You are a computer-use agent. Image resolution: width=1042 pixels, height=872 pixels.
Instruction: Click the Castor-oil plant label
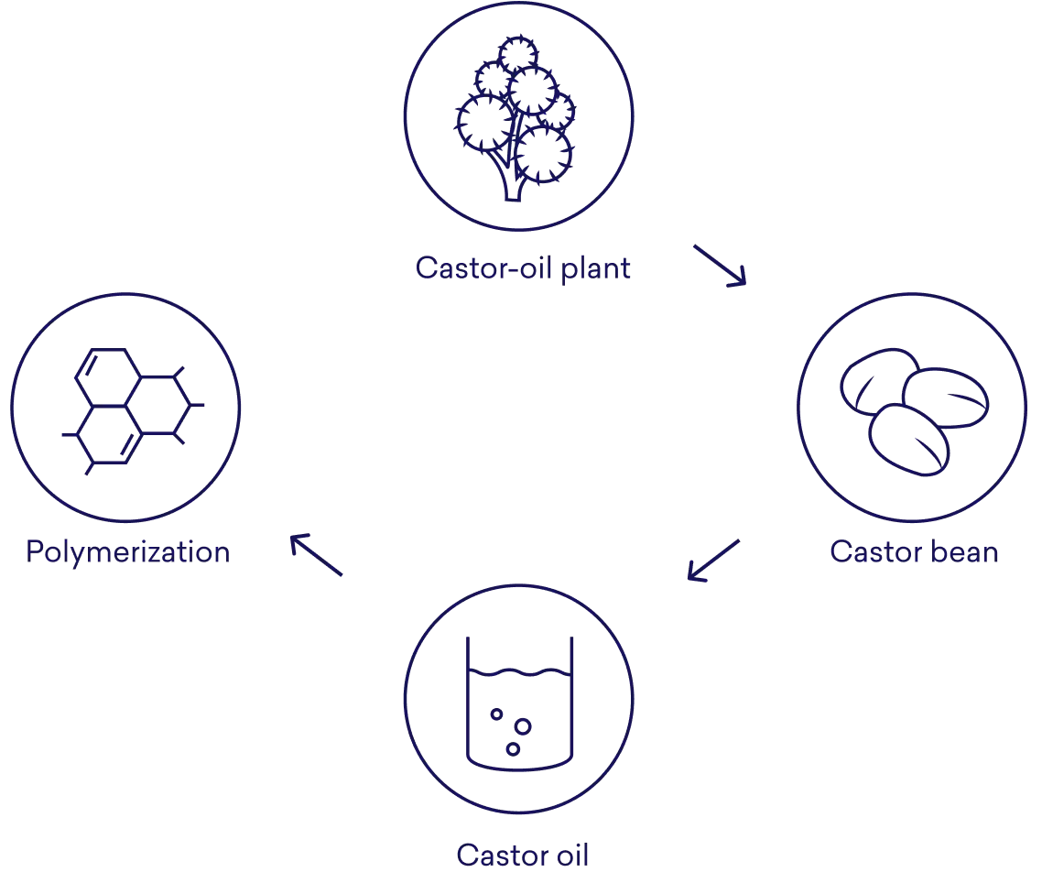tap(521, 268)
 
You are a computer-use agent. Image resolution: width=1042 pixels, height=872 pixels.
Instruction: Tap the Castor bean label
tap(914, 552)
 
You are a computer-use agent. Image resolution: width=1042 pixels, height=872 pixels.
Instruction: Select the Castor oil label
tap(523, 856)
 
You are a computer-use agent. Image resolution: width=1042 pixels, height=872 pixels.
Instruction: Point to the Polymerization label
tap(127, 552)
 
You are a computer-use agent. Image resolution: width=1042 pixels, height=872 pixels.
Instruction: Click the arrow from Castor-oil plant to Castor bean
tap(720, 267)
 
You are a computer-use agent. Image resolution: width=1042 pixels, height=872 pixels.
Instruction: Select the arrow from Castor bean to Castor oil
tap(712, 561)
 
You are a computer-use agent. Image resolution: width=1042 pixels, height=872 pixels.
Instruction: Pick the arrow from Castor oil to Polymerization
tap(314, 556)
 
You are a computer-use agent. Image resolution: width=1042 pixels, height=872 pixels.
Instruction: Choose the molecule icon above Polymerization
tap(129, 409)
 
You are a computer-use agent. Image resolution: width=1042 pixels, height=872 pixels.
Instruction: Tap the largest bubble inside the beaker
tap(523, 727)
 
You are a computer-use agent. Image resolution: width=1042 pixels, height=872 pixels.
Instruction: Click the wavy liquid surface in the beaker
tap(519, 675)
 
